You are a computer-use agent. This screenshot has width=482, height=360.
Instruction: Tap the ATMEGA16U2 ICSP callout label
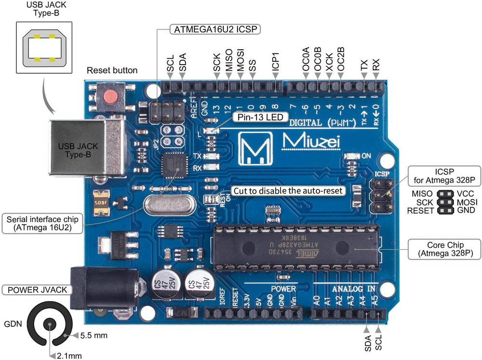(x=215, y=29)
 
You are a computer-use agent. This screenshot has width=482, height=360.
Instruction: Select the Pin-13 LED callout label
(x=261, y=117)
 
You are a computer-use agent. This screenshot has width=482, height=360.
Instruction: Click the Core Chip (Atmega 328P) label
(x=445, y=248)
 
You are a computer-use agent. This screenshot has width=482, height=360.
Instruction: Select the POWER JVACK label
(x=37, y=290)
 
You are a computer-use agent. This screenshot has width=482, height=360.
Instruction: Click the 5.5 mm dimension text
(x=94, y=334)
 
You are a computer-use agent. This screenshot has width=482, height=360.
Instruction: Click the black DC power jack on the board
(x=90, y=288)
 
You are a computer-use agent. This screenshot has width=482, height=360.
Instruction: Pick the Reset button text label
(x=112, y=70)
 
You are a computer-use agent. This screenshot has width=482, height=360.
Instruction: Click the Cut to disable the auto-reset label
(x=288, y=191)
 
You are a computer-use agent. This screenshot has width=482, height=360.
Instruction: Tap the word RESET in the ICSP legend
(x=420, y=210)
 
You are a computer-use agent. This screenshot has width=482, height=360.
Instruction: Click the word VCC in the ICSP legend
(x=466, y=194)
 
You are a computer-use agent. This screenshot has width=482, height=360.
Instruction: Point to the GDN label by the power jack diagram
(x=13, y=324)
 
